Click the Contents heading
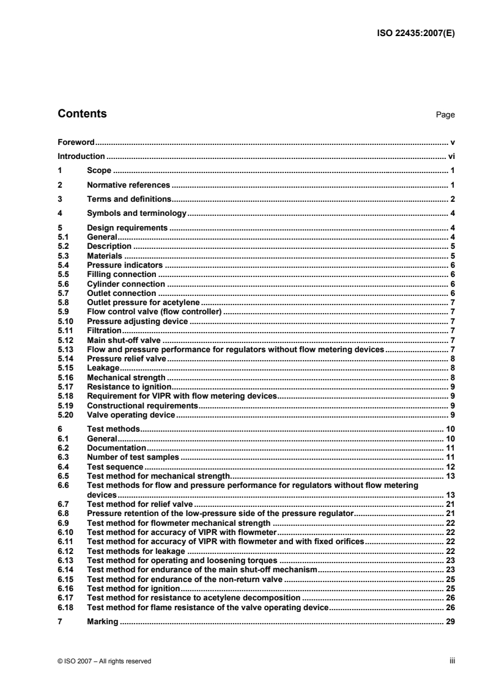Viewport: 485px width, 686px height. coord(81,114)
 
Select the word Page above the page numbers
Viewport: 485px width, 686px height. coord(445,115)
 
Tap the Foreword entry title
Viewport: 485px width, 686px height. coord(76,141)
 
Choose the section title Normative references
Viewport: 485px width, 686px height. coord(128,185)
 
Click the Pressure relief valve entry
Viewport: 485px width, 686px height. coord(127,358)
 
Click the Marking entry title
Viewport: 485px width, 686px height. coord(102,622)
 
